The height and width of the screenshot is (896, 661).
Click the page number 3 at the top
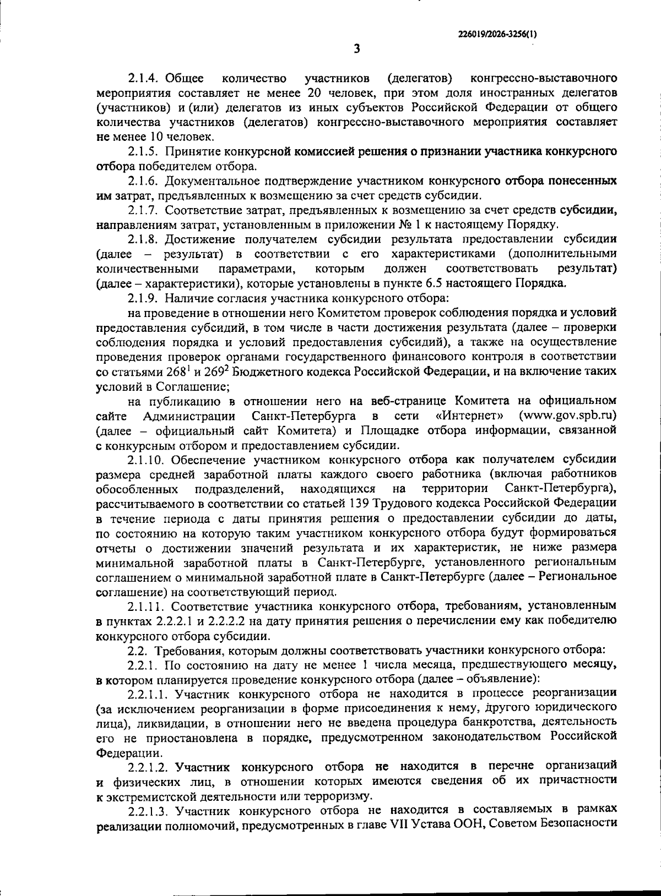(x=356, y=50)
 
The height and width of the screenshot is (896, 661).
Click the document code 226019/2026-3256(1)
(x=498, y=34)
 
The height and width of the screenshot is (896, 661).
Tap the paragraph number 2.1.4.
(x=144, y=77)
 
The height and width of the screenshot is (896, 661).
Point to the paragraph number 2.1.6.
(x=144, y=181)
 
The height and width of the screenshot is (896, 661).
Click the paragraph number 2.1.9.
(x=144, y=298)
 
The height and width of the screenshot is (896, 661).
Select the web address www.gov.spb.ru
(x=568, y=415)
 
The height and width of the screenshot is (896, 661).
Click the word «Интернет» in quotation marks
(x=469, y=415)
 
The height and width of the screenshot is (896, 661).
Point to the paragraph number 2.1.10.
(x=147, y=460)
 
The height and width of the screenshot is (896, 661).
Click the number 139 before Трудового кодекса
(x=360, y=504)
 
